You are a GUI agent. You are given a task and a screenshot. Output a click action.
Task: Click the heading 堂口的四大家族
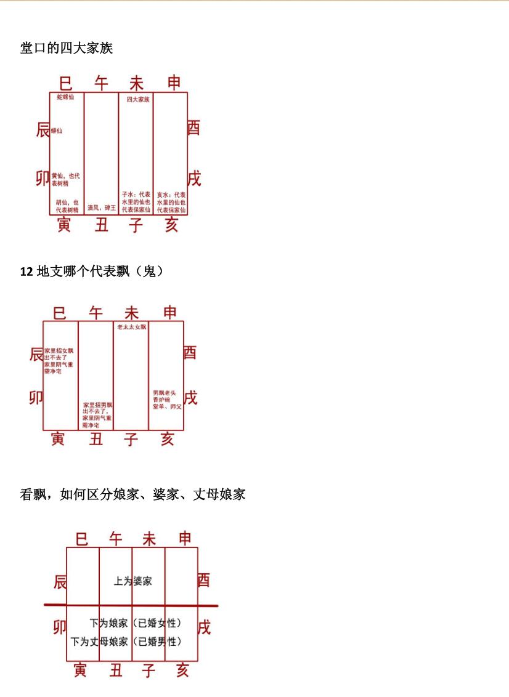click(x=67, y=48)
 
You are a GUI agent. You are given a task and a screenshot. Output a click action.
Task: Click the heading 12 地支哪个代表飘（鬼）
click(x=92, y=270)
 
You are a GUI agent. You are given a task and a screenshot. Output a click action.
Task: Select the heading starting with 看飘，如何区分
click(x=133, y=494)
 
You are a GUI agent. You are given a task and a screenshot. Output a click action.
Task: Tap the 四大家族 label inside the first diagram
click(x=138, y=99)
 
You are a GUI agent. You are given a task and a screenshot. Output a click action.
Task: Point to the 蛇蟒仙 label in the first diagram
click(x=65, y=97)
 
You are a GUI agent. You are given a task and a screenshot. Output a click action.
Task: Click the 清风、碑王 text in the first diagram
click(x=101, y=208)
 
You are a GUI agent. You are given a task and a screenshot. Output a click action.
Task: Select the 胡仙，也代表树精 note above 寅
click(x=67, y=206)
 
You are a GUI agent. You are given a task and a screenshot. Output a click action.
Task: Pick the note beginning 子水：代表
click(x=136, y=202)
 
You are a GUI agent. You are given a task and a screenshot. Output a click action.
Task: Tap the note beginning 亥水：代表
click(x=171, y=202)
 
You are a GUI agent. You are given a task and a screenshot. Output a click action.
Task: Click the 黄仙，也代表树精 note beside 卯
click(x=65, y=179)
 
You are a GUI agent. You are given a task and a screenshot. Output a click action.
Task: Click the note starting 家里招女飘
click(x=59, y=361)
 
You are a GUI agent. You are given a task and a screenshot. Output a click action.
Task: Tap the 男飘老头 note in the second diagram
click(x=167, y=400)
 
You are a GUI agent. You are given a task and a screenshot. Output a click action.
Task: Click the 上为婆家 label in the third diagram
click(x=132, y=581)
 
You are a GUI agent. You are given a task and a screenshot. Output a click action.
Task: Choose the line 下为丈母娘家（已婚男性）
click(x=126, y=642)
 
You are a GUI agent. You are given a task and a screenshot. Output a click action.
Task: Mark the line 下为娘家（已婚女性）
click(x=136, y=623)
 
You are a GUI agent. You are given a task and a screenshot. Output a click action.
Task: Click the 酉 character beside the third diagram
click(x=204, y=580)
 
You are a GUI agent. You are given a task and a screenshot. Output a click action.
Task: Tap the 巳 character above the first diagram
click(x=66, y=82)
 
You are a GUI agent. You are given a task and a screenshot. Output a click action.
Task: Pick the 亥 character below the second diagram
click(x=167, y=439)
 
